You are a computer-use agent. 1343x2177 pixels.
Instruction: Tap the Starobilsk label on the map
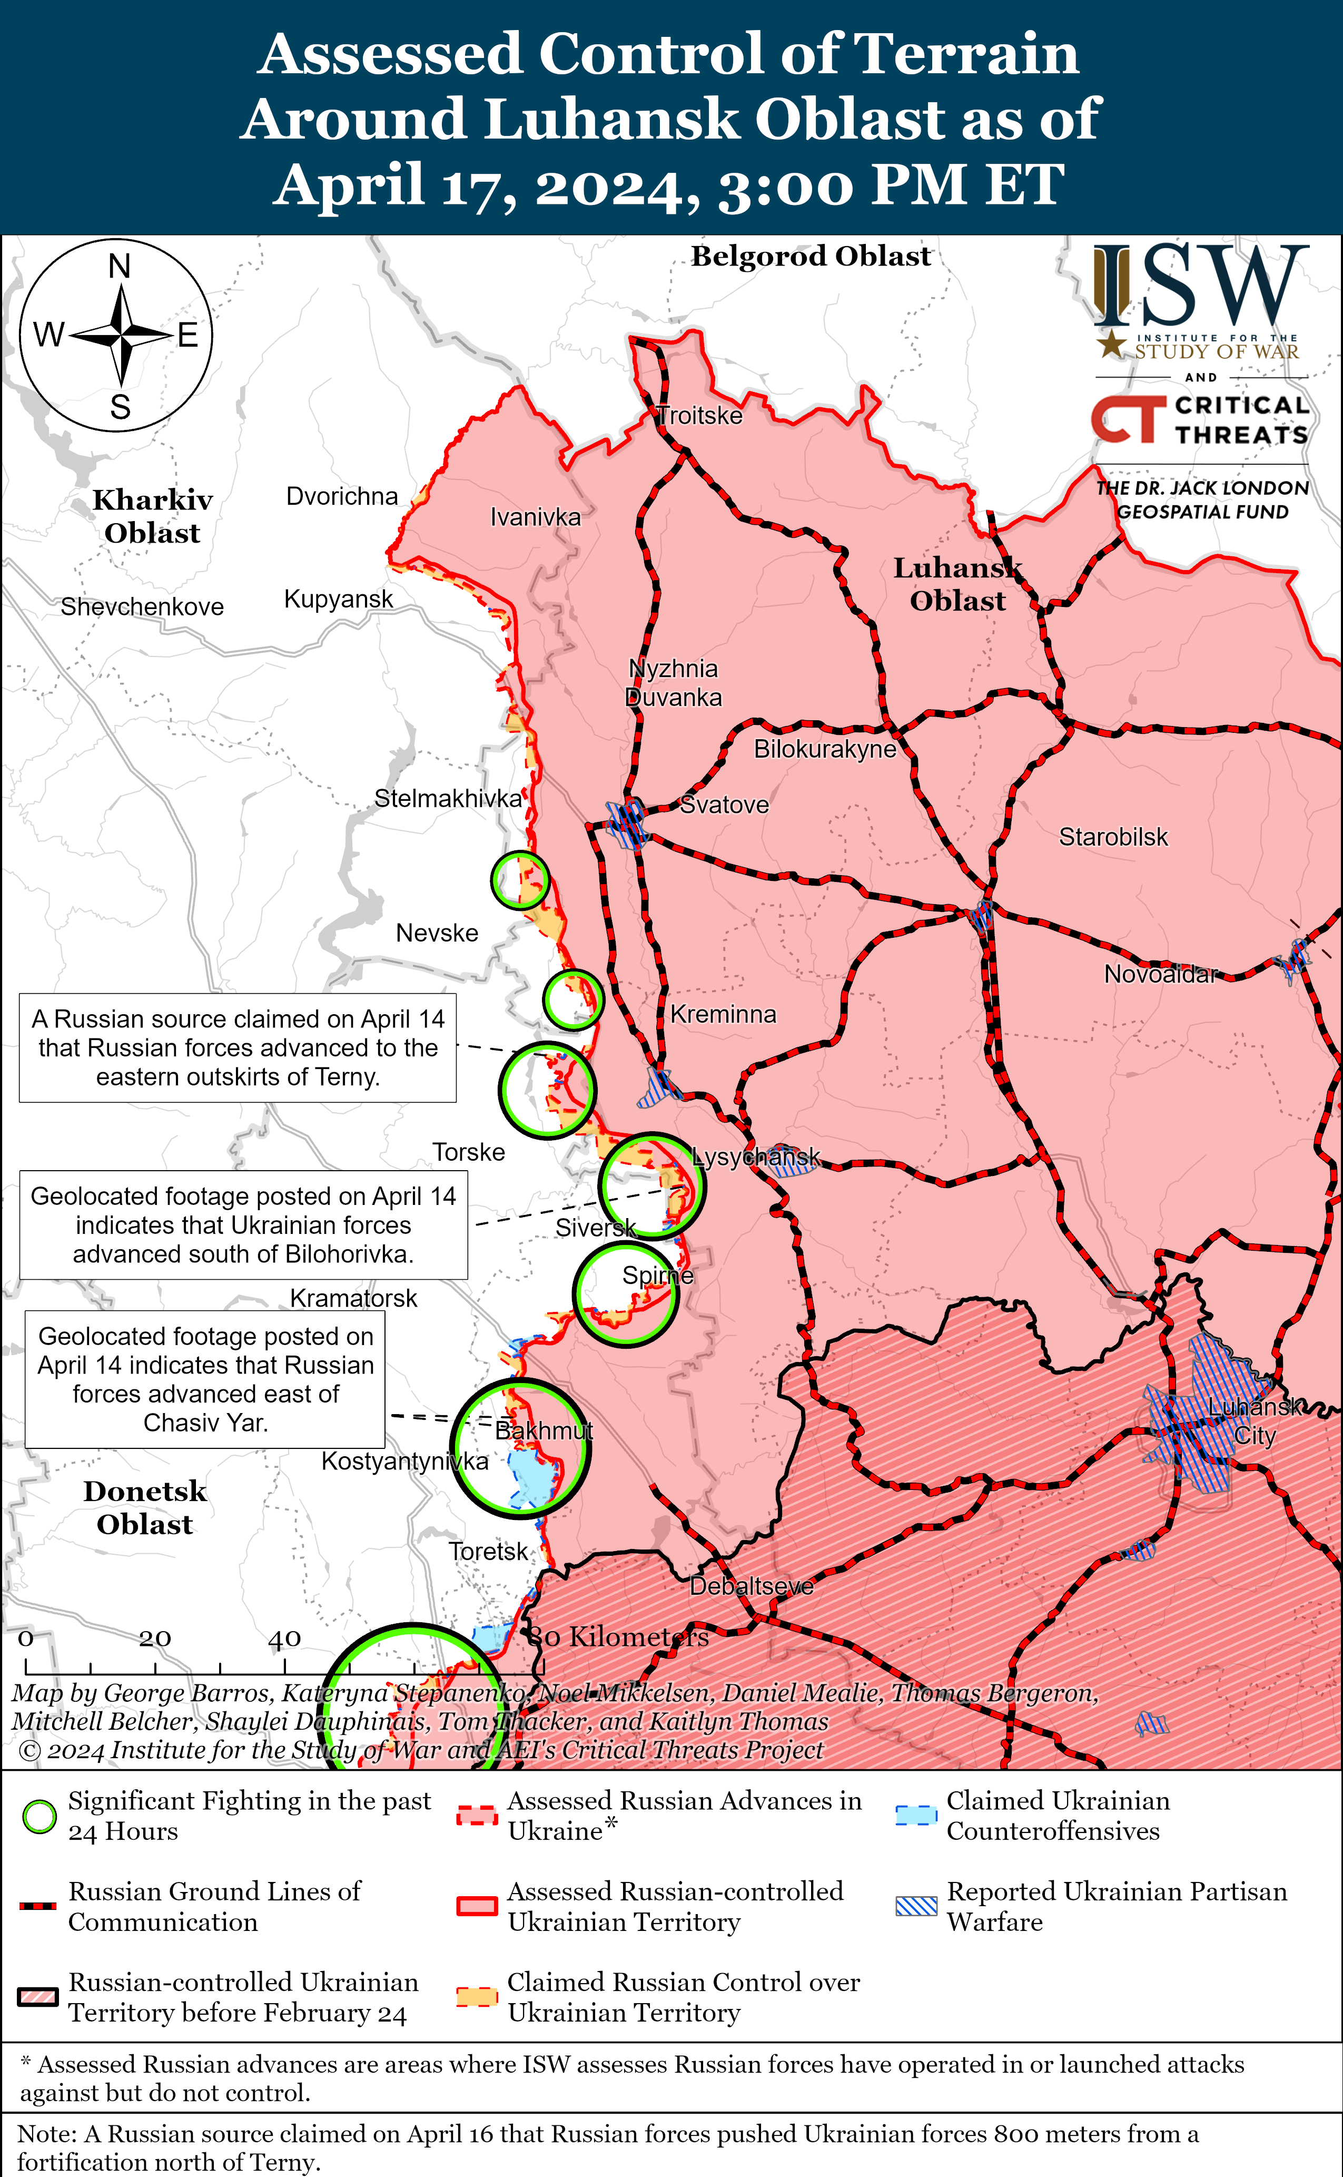point(1113,837)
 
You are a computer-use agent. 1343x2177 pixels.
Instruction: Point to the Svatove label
point(724,805)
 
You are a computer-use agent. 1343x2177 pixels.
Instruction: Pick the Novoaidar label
point(1159,975)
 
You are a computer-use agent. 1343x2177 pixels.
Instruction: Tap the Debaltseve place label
point(752,1586)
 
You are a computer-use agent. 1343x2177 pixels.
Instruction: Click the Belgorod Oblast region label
point(811,256)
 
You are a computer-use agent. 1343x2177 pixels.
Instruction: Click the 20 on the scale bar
point(154,1637)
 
